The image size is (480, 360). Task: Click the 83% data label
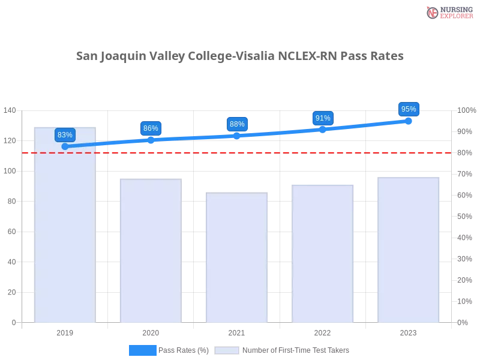(x=65, y=135)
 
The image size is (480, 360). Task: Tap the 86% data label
(x=151, y=128)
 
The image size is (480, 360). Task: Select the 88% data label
(x=237, y=124)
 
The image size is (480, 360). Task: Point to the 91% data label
(x=323, y=118)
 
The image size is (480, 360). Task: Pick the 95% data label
(x=409, y=109)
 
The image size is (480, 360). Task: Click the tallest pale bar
(x=65, y=228)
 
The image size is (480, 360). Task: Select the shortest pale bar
(x=235, y=258)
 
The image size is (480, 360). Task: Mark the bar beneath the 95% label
(x=408, y=248)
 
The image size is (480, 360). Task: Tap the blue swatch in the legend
(x=142, y=350)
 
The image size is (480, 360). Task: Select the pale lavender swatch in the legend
(x=227, y=350)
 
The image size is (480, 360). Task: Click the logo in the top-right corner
(x=448, y=12)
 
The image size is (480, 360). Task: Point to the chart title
(x=240, y=57)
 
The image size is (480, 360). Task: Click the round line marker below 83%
(x=65, y=146)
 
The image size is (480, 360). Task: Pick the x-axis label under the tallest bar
(x=65, y=332)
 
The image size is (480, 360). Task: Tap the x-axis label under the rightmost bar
(x=408, y=332)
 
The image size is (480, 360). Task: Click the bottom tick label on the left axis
(x=13, y=322)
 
